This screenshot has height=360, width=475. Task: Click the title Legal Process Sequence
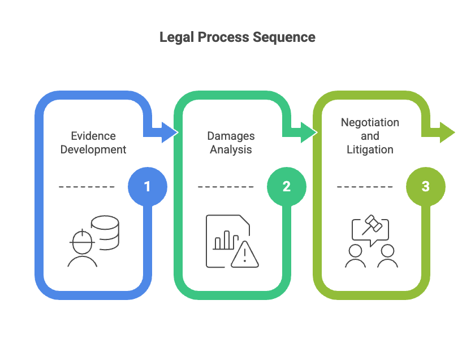[x=237, y=37]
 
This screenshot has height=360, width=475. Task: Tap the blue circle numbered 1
[x=147, y=186]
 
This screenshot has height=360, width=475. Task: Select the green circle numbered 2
[x=286, y=186]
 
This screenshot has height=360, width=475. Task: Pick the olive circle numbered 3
[x=425, y=186]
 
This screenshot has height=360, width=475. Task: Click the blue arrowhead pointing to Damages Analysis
[x=169, y=132]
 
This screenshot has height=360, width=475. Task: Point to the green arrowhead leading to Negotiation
[x=308, y=132]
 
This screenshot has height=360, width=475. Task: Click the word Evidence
[x=93, y=136]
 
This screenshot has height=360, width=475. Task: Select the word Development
[x=93, y=149]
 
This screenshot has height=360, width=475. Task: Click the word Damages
[x=231, y=136]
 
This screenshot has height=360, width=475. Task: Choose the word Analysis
[x=231, y=149]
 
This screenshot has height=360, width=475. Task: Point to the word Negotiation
[x=370, y=123]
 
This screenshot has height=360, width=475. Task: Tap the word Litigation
[x=370, y=149]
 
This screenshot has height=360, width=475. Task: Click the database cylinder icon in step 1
[x=106, y=231]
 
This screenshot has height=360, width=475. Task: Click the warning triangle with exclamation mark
[x=244, y=255]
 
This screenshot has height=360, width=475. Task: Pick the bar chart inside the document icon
[x=222, y=241]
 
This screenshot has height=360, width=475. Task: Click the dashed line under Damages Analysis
[x=226, y=186]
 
